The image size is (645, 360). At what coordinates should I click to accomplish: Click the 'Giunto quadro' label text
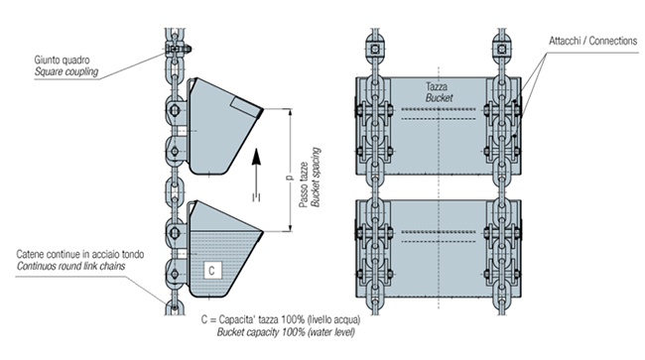point(62,60)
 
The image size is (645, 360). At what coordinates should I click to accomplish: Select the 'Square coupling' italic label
point(66,72)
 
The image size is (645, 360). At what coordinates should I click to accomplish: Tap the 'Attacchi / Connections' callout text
point(592,41)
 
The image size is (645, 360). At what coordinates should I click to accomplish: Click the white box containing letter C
point(211,270)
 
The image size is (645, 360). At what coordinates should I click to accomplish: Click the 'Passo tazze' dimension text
point(304,184)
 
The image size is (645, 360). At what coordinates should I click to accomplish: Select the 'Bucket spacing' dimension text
point(316,178)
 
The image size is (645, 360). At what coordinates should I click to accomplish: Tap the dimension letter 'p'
point(289,178)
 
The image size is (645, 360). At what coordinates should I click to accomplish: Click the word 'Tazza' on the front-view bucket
point(437,86)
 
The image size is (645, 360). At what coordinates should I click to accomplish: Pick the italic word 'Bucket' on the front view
point(439,98)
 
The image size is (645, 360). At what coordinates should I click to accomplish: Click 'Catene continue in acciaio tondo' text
point(80,255)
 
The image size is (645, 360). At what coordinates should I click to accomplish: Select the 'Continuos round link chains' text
point(70,267)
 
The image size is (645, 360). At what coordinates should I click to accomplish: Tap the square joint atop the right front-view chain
point(501,50)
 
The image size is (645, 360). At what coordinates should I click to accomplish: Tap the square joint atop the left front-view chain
point(375,50)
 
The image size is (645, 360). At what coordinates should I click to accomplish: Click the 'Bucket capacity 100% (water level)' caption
point(286,332)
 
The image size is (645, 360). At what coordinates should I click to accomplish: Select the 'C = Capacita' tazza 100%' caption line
point(281,319)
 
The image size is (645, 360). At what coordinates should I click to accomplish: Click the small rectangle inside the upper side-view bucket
point(245,106)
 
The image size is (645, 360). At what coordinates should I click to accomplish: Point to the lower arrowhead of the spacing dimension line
point(291,228)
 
